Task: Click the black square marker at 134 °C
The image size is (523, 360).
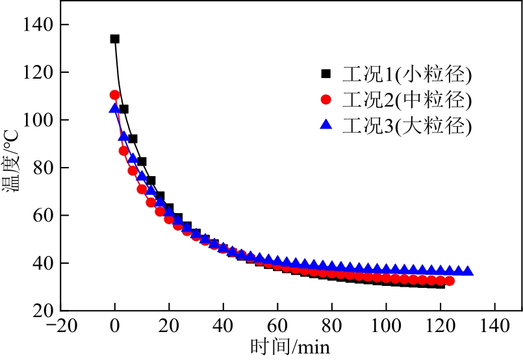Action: (115, 39)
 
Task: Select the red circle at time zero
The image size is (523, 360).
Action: (115, 95)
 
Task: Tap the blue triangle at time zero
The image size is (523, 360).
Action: (115, 108)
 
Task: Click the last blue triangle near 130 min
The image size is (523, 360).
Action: (468, 271)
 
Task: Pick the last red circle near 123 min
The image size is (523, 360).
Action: (449, 281)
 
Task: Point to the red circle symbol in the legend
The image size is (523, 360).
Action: (327, 100)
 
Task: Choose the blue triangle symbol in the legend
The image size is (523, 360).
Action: (327, 124)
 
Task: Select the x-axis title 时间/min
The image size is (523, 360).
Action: (290, 346)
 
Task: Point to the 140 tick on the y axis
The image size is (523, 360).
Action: (42, 25)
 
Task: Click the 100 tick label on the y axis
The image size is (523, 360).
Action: (42, 120)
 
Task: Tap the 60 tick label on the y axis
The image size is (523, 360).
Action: (47, 215)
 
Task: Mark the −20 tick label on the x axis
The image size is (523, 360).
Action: (56, 325)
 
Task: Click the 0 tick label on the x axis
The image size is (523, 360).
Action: (115, 325)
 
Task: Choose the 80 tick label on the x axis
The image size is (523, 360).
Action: (332, 325)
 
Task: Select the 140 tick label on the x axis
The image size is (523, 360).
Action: (495, 325)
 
